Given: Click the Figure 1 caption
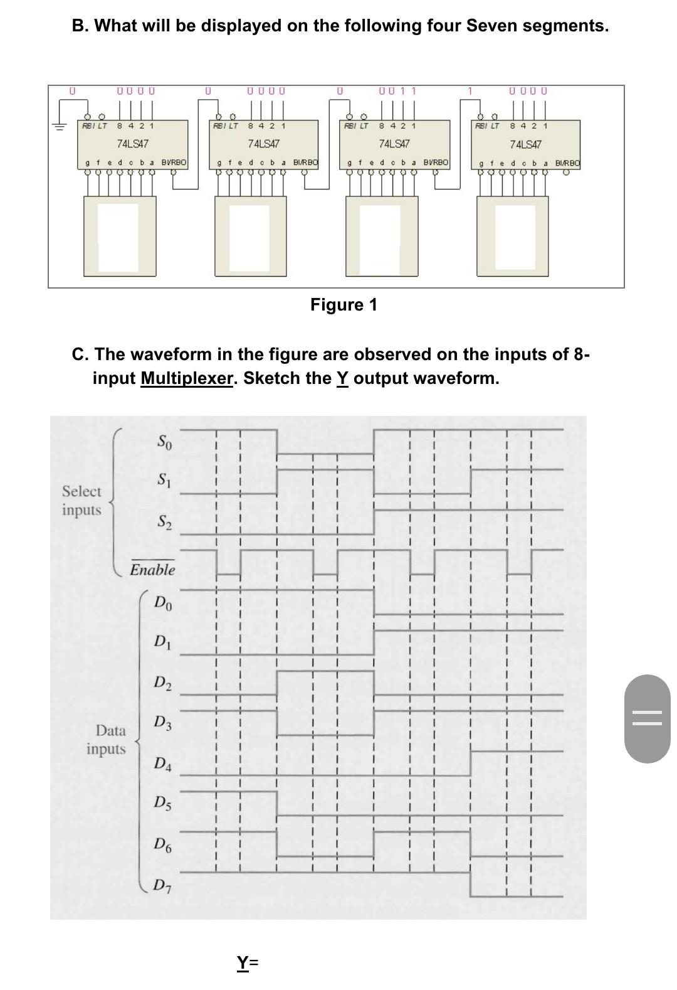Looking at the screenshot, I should (344, 305).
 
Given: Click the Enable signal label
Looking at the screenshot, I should (152, 570).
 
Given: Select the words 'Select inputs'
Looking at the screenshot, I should (81, 501).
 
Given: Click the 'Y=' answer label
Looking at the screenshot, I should (248, 962).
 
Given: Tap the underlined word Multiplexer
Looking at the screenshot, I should (186, 378).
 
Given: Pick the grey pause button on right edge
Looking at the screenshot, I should (648, 718).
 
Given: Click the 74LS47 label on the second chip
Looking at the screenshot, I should (264, 144).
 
